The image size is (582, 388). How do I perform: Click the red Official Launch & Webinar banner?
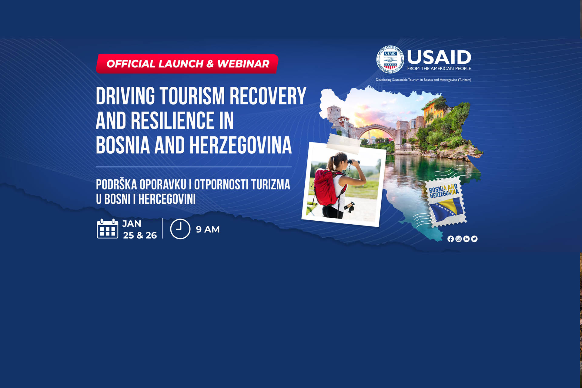tap(187, 64)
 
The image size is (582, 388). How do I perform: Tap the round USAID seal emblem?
tap(390, 59)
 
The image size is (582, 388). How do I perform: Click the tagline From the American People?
tap(439, 69)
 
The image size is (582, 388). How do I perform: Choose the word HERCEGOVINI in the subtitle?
tap(167, 199)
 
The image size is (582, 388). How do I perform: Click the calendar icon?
tap(108, 229)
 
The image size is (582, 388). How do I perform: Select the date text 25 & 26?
tap(140, 235)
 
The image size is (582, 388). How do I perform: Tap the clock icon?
tap(180, 229)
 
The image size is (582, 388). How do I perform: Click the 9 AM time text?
tap(208, 229)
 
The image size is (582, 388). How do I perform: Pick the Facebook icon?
tap(451, 239)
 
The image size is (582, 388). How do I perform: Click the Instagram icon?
tap(459, 239)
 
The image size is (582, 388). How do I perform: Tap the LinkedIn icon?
tap(467, 239)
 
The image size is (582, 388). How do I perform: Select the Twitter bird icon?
tap(474, 239)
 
